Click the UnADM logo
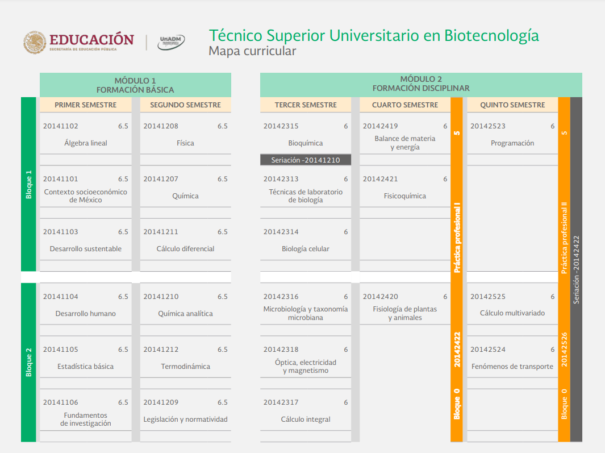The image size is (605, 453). (x=171, y=42)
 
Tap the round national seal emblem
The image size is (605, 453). (x=34, y=43)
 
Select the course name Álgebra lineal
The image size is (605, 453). (x=86, y=143)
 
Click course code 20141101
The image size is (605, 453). (x=61, y=179)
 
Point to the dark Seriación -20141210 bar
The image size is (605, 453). (x=306, y=160)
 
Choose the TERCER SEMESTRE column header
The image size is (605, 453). (x=306, y=105)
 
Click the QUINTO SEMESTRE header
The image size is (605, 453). (x=512, y=105)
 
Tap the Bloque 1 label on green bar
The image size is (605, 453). (x=28, y=185)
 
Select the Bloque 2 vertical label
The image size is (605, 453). (x=28, y=362)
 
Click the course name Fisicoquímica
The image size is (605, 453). (x=404, y=196)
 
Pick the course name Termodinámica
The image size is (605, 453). (x=186, y=367)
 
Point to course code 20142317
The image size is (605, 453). (x=281, y=402)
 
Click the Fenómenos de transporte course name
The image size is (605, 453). (x=512, y=367)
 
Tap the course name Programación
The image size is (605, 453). (x=512, y=143)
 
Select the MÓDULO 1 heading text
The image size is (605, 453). (x=135, y=81)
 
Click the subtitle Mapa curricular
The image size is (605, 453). (x=252, y=51)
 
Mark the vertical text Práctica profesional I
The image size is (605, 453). (x=457, y=237)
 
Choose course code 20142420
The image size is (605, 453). (x=381, y=297)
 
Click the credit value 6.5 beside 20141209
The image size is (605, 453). (x=223, y=402)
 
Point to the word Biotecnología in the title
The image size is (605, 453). (x=491, y=36)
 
